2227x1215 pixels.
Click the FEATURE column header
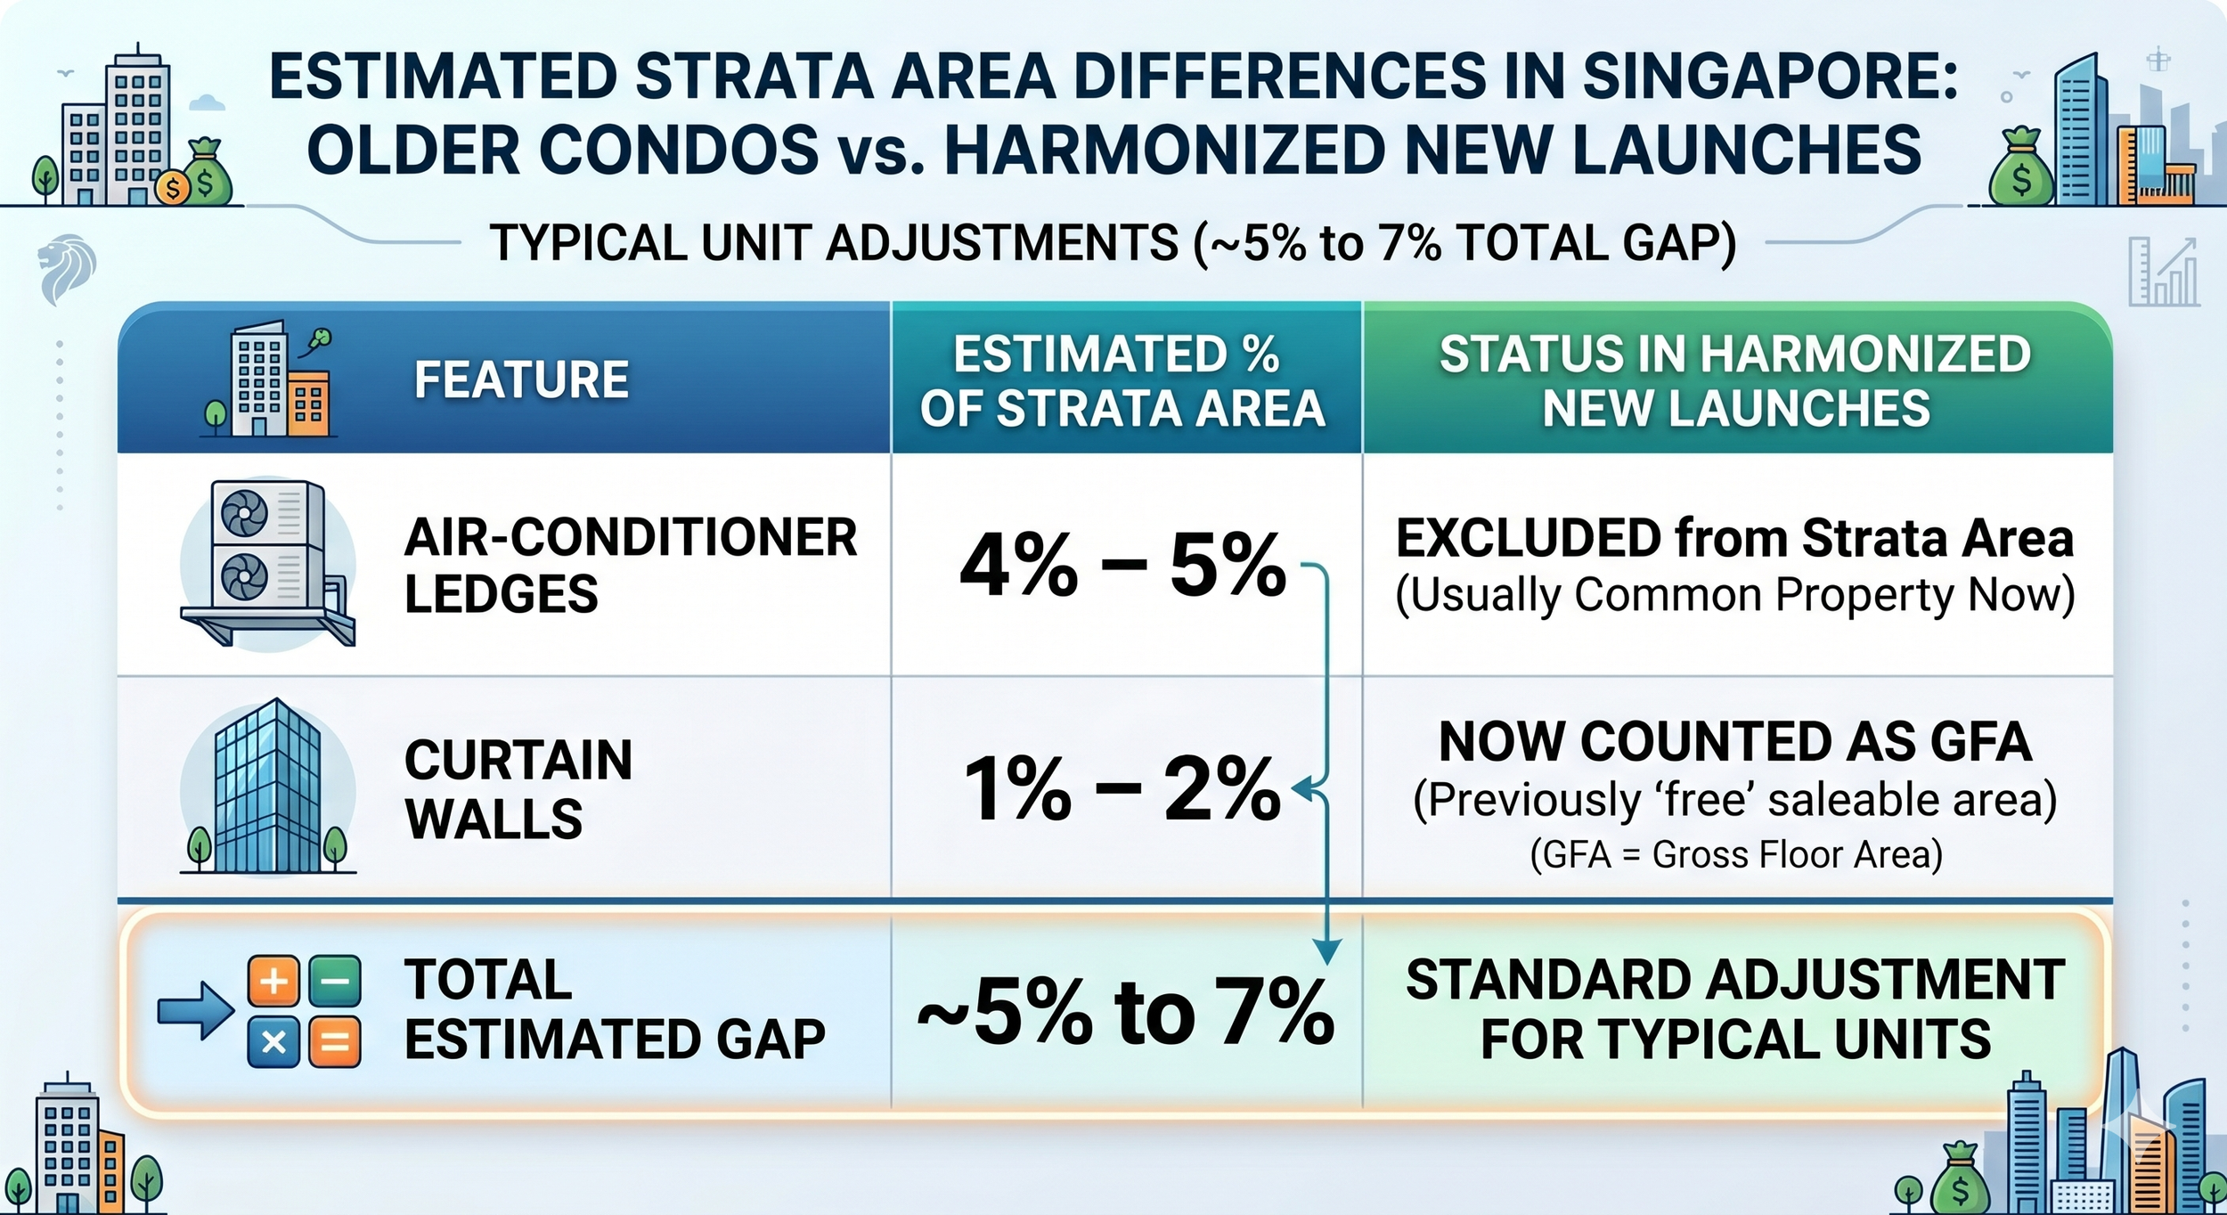[x=521, y=379]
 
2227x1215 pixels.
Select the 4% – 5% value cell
[x=1122, y=565]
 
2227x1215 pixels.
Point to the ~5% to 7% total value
[x=1125, y=1012]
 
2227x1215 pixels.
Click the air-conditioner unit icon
[x=268, y=563]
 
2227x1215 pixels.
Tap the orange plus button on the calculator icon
[x=273, y=982]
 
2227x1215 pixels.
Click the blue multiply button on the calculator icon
[x=273, y=1041]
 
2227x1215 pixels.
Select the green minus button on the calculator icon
[x=335, y=982]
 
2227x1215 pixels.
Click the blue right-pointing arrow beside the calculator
[x=195, y=1011]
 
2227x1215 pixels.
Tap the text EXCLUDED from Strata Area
[x=1734, y=538]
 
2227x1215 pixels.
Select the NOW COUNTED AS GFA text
[x=1735, y=741]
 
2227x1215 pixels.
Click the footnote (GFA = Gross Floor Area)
[x=1736, y=854]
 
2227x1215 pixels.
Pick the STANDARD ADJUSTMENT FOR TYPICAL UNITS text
[x=1735, y=1009]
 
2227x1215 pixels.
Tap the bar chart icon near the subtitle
[x=2163, y=272]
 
